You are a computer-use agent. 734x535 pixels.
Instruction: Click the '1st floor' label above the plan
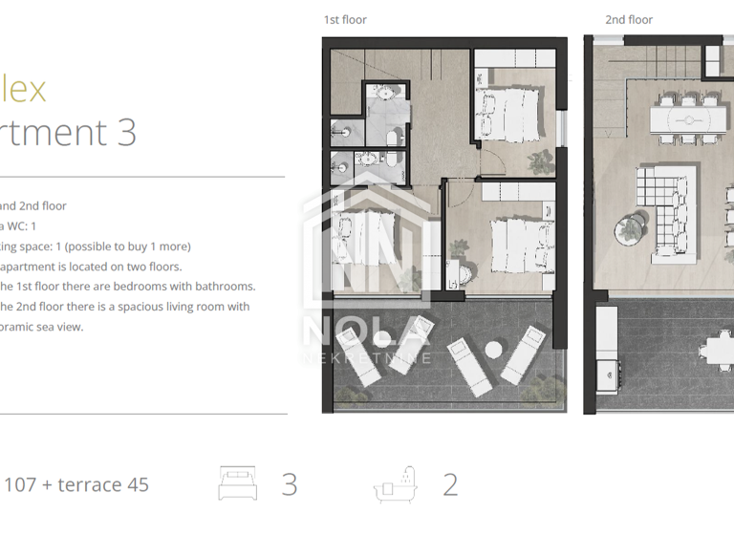tap(344, 20)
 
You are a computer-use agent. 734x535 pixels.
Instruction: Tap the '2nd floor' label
tap(629, 20)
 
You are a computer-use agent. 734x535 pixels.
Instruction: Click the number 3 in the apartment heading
tap(126, 132)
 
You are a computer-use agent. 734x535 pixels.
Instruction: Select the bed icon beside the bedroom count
tap(238, 483)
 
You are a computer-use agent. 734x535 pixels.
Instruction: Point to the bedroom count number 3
tap(290, 484)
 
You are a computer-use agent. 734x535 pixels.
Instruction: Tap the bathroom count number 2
tap(450, 484)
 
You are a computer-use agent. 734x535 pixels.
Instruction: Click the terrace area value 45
tap(138, 484)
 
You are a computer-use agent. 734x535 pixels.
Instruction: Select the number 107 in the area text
tap(20, 484)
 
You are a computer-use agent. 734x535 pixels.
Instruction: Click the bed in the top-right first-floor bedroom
tap(507, 112)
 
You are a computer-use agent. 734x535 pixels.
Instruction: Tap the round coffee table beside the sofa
tap(631, 227)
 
